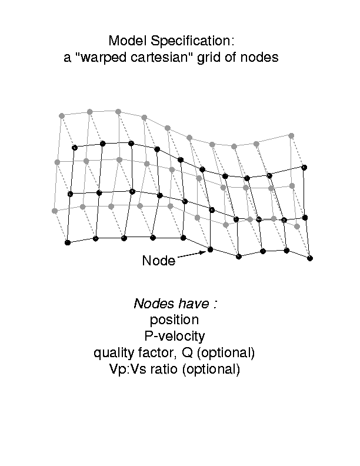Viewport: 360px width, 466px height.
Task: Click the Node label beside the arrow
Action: click(x=159, y=261)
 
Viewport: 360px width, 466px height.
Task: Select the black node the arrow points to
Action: click(x=211, y=249)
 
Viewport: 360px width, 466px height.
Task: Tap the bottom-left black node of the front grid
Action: click(x=68, y=242)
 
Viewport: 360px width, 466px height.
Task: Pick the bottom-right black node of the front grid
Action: click(x=310, y=258)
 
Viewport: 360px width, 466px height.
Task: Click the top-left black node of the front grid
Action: click(x=75, y=148)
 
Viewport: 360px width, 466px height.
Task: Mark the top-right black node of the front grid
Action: click(x=304, y=167)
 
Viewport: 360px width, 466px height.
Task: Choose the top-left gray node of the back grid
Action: click(x=62, y=115)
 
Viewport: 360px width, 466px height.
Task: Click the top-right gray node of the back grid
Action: click(x=291, y=135)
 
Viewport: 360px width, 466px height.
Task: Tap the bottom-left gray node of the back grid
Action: click(x=55, y=211)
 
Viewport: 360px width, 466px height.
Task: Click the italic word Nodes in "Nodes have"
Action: click(x=154, y=304)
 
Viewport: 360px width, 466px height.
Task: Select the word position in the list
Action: click(x=174, y=320)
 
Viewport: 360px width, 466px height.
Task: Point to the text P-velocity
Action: click(x=175, y=336)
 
